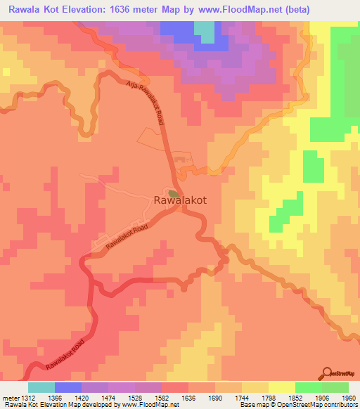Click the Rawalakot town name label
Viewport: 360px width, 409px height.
coord(180,200)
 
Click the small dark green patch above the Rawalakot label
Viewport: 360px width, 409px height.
coord(173,192)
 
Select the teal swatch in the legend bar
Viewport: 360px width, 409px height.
coord(41,388)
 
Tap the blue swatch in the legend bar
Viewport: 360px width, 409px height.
coord(68,388)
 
